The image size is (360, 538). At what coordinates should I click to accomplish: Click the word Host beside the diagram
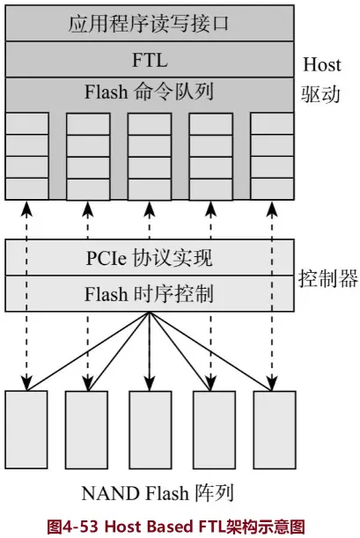(321, 64)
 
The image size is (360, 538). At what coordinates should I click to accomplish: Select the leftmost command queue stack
(27, 156)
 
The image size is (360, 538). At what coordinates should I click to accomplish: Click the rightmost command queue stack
(272, 156)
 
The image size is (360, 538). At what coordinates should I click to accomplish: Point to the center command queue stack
(150, 156)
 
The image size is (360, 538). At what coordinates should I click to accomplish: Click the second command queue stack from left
(88, 156)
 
